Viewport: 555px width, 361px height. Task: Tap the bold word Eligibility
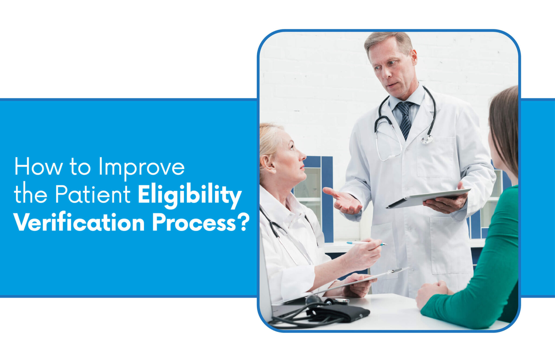pos(189,195)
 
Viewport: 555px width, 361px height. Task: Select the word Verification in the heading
pos(79,223)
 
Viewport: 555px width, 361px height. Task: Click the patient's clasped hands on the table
pos(432,293)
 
